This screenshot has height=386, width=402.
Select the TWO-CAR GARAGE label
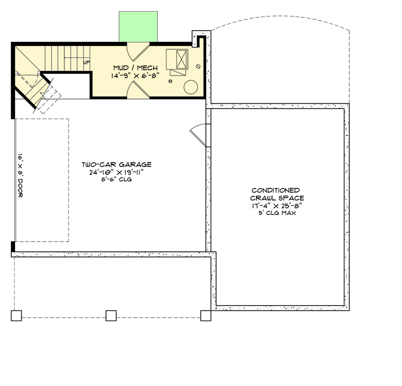click(116, 165)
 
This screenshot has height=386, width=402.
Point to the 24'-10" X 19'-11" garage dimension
click(116, 172)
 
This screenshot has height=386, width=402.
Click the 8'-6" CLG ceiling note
click(116, 179)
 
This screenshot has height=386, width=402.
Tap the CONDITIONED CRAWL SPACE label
click(276, 194)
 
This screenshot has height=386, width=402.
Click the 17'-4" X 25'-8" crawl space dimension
click(276, 206)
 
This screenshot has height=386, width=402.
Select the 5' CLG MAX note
click(276, 213)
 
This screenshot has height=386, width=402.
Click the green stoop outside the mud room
click(138, 25)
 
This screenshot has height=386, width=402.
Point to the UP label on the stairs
click(86, 62)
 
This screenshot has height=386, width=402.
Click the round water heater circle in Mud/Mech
click(190, 87)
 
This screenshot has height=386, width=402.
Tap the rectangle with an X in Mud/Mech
click(181, 59)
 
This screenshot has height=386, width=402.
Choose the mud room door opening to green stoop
click(139, 50)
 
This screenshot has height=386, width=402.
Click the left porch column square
click(16, 316)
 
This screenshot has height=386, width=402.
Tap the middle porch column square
click(111, 316)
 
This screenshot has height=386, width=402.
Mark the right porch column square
click(206, 316)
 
